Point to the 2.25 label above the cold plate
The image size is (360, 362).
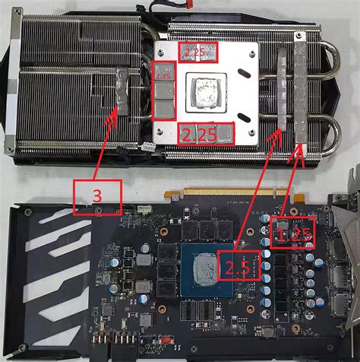197,52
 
